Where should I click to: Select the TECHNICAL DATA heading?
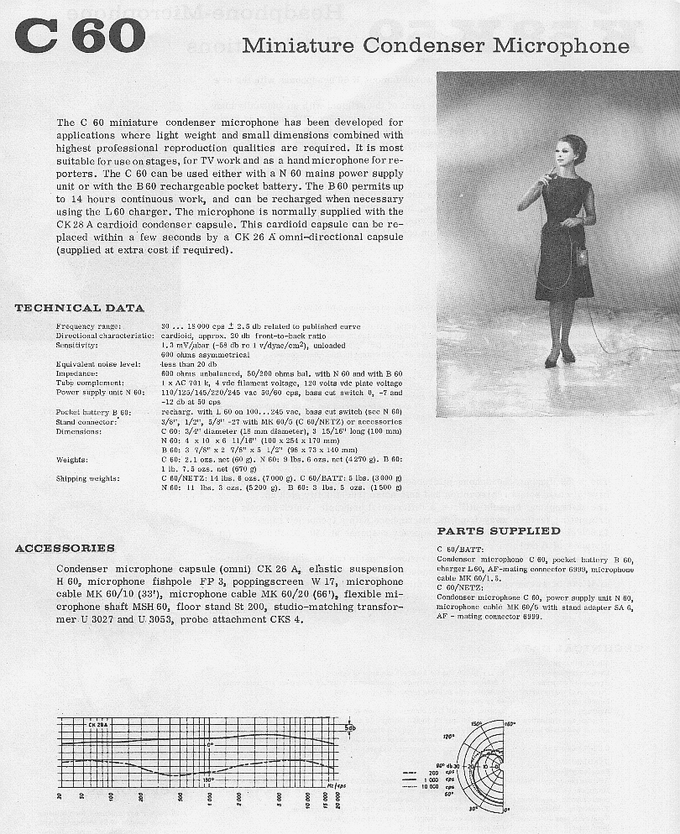(x=80, y=308)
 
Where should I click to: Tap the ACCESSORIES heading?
(x=65, y=548)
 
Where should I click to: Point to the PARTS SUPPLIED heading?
(x=499, y=530)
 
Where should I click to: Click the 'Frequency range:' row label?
(x=89, y=326)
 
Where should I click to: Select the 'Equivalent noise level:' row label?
(x=98, y=364)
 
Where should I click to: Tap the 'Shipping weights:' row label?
(x=88, y=478)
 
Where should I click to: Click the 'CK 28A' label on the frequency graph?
(x=97, y=723)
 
